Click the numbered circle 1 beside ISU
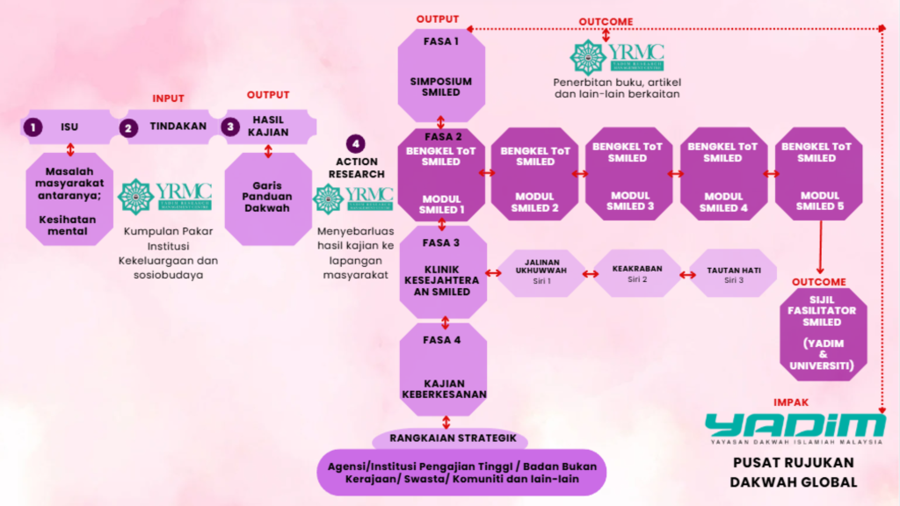(33, 127)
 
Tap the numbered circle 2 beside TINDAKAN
(130, 127)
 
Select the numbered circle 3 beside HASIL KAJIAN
(230, 126)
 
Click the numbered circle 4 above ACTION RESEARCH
(356, 144)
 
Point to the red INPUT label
(169, 98)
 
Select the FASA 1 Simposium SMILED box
(441, 76)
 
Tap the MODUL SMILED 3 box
(630, 175)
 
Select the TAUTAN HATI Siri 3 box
(733, 273)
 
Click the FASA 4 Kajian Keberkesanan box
(443, 368)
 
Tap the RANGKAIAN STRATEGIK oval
(451, 439)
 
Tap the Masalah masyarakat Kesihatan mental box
(70, 199)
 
